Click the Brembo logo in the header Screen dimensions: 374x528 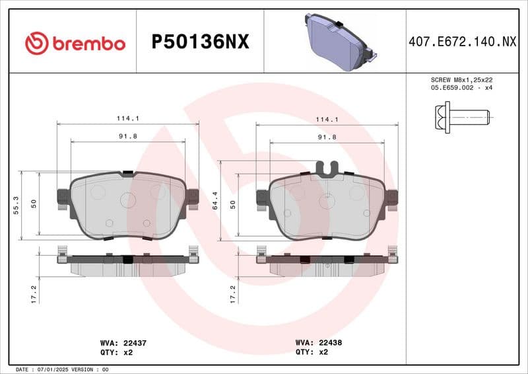[75, 43]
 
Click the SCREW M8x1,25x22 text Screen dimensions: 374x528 [462, 79]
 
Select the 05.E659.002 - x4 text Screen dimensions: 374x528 [462, 87]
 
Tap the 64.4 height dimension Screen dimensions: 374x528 [216, 201]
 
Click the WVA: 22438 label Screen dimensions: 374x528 [319, 343]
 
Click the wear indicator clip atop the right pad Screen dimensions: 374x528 [327, 168]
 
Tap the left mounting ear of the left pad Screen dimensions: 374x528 [63, 197]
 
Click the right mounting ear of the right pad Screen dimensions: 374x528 [392, 197]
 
